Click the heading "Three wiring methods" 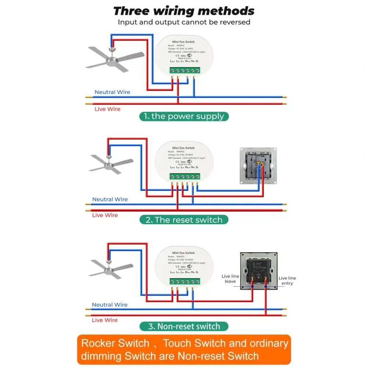[x=184, y=11]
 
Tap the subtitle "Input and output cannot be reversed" [x=184, y=22]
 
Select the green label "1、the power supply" [x=184, y=116]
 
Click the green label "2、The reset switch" [x=184, y=220]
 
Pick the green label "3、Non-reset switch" [x=184, y=326]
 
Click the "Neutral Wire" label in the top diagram [x=112, y=92]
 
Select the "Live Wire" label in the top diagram [x=107, y=109]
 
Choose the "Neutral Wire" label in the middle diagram [x=110, y=199]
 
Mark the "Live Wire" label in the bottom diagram [x=105, y=320]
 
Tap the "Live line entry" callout [x=287, y=281]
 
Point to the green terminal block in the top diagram [x=185, y=70]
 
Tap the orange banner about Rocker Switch [x=184, y=350]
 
